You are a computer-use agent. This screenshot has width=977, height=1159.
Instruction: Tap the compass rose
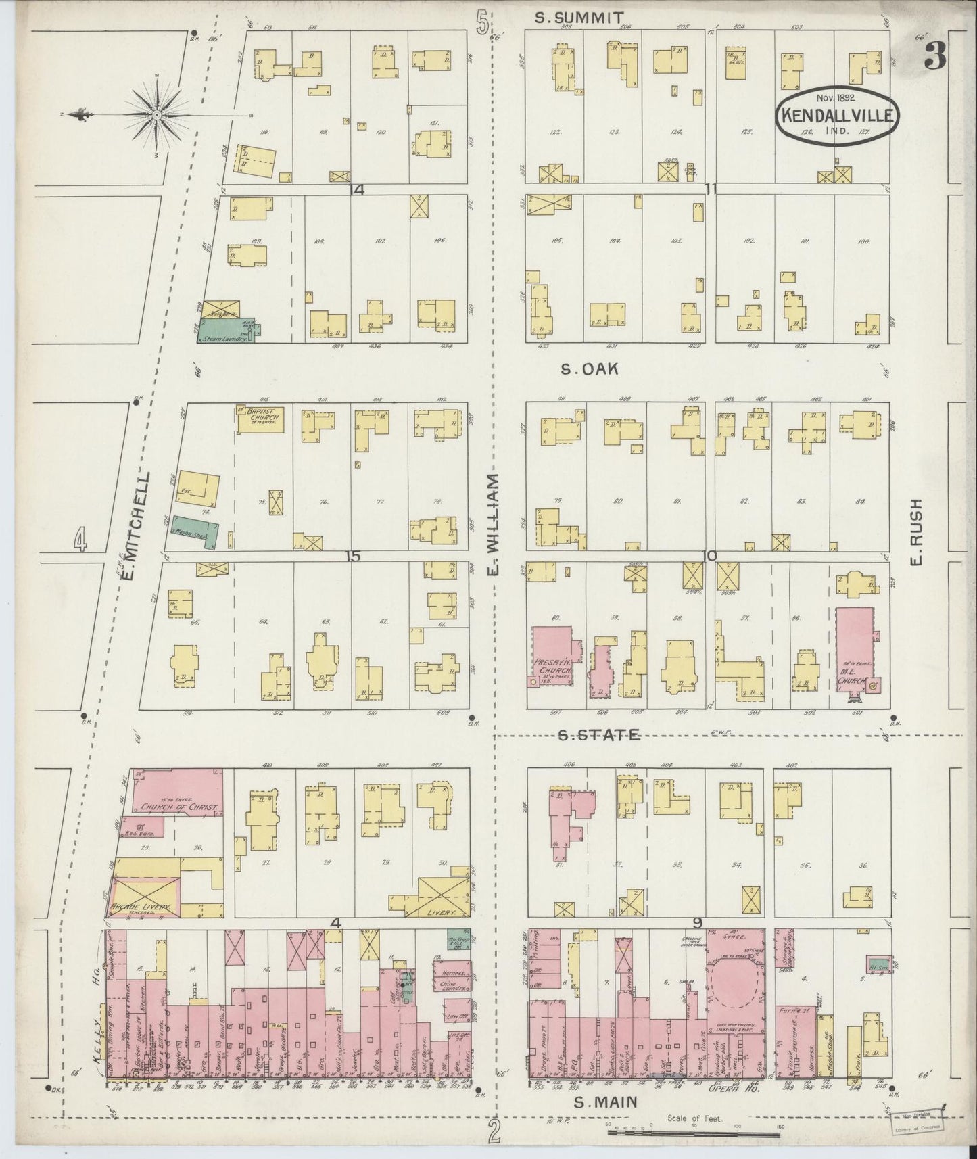[156, 114]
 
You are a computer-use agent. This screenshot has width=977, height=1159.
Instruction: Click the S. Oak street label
[590, 369]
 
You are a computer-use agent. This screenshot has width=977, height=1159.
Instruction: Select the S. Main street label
[606, 1102]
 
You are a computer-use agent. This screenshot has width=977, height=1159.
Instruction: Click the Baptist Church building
[260, 420]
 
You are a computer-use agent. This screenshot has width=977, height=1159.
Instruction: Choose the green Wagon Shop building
[193, 531]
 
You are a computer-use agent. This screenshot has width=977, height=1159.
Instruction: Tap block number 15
[352, 556]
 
